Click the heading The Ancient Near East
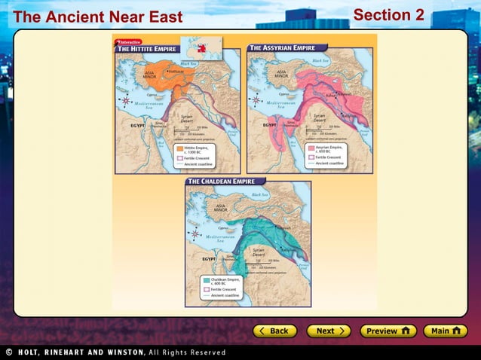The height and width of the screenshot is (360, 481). [97, 17]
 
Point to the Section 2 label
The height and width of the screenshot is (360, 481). [388, 15]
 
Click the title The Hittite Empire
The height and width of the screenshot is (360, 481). [147, 48]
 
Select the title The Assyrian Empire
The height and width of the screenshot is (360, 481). [283, 47]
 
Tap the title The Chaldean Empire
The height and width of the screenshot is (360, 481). [224, 182]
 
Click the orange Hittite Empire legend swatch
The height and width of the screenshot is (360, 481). [179, 149]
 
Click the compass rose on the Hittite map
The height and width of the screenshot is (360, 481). [124, 101]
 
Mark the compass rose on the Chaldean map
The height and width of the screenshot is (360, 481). [195, 234]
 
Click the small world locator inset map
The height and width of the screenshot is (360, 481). [203, 47]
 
